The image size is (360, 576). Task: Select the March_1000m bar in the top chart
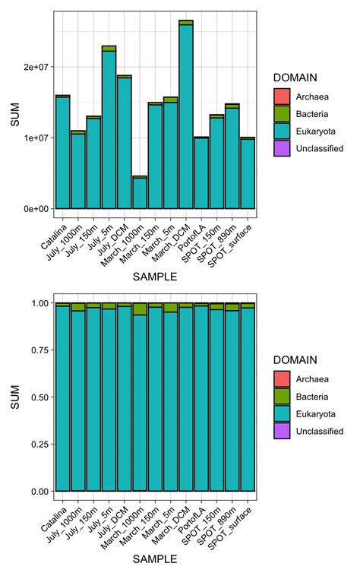pos(140,193)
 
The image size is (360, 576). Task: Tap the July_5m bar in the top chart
pos(109,129)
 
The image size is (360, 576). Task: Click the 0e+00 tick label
pos(35,208)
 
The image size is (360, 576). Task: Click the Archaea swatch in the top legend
pos(283,97)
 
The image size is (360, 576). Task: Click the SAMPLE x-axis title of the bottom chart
pos(155,559)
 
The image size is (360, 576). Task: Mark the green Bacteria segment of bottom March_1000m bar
pos(140,309)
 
